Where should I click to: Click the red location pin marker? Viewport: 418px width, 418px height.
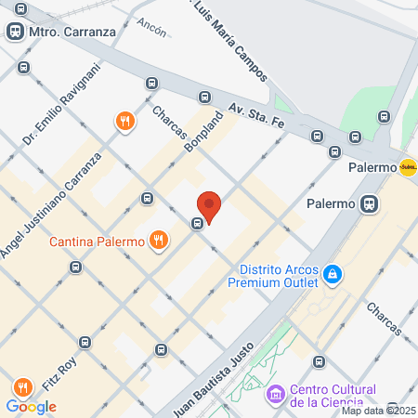tap(209, 205)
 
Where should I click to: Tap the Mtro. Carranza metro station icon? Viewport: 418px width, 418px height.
tap(15, 32)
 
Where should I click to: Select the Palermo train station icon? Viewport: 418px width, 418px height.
tap(370, 203)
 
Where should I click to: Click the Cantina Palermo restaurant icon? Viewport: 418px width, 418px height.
tap(159, 242)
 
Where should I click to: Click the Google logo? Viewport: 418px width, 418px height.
tap(31, 406)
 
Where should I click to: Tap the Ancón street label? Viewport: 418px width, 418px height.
tap(150, 25)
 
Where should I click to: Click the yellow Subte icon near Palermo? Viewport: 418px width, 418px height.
tap(407, 168)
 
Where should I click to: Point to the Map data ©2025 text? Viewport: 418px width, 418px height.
tap(379, 411)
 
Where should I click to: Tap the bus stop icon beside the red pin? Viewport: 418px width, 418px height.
tap(197, 224)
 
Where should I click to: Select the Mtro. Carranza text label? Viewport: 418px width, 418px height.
tap(72, 32)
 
